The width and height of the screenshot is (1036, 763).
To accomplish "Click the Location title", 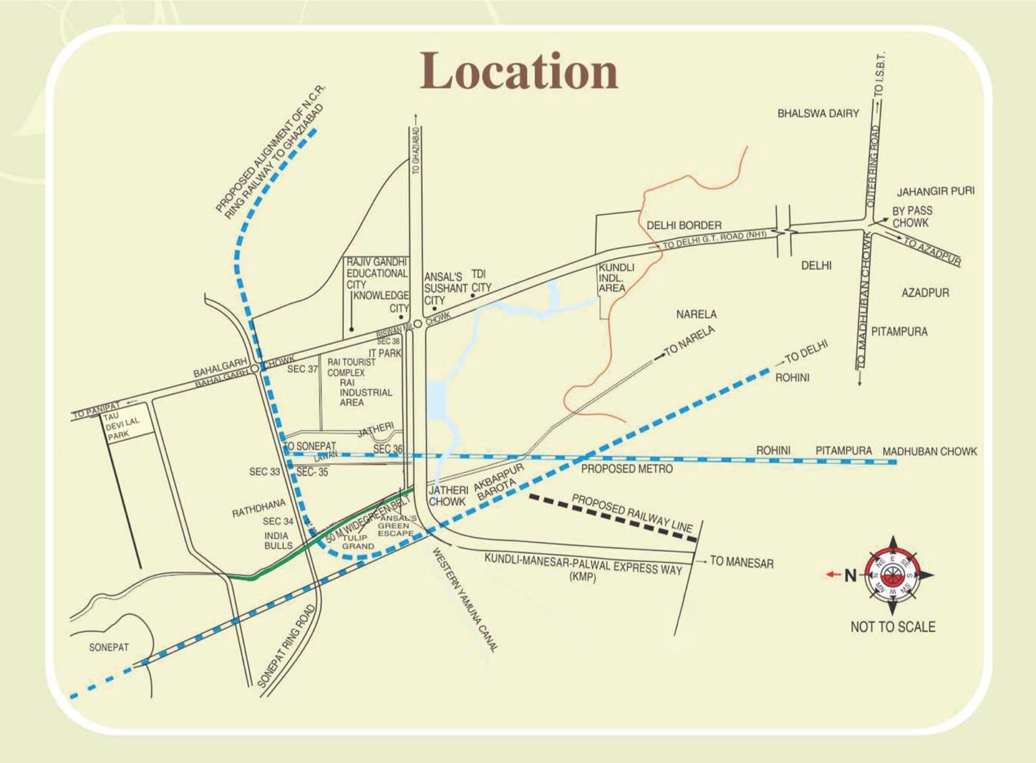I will coord(519,72).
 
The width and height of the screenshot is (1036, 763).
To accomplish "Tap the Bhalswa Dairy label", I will coord(817,113).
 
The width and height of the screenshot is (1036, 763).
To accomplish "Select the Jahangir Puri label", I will coord(935,192).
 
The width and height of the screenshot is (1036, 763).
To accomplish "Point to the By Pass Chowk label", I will coord(912,217).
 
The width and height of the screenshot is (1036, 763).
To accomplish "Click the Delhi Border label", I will coord(683,225).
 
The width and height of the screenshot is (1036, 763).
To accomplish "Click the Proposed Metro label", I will coord(627,469).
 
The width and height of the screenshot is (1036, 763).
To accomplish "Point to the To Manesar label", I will coord(741,562).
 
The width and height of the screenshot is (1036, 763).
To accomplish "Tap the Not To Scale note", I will coord(892,627).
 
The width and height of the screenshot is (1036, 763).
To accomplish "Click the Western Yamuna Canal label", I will coord(465,600).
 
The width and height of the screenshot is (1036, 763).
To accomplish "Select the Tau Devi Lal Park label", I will coord(122,426).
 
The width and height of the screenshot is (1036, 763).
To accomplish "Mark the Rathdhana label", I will coord(258,509).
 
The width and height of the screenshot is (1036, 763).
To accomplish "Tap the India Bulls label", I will coord(278,540).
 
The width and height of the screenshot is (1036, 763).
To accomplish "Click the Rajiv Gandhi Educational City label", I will coord(376,273).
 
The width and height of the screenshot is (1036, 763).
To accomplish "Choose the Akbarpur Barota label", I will coord(498,482).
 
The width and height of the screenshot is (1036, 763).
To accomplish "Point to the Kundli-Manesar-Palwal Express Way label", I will coord(583,566).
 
